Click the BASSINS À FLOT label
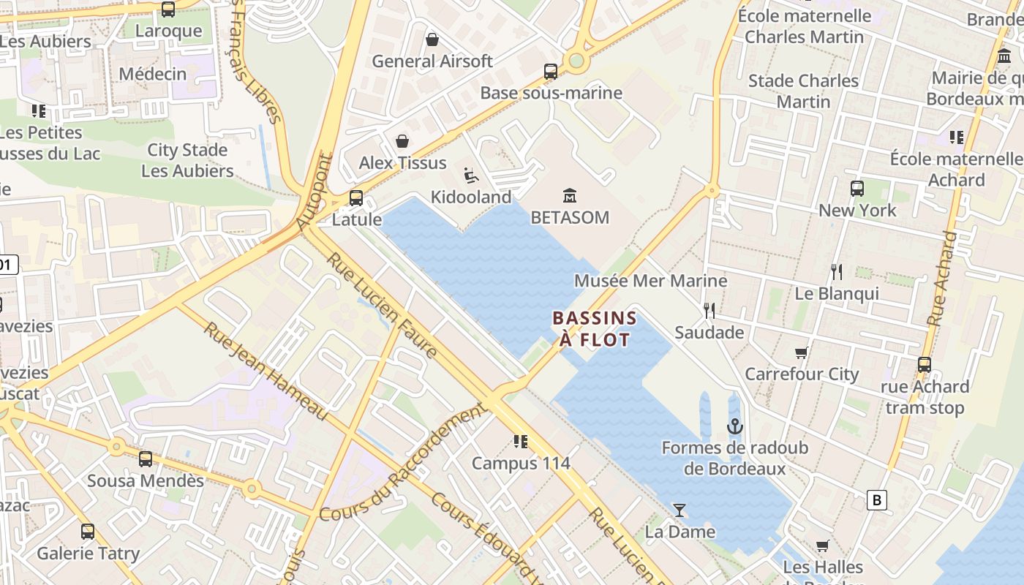tap(595, 328)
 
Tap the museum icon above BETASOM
tap(570, 196)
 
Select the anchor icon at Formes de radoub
tap(734, 426)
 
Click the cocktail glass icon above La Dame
tap(679, 510)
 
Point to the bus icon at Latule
tap(356, 197)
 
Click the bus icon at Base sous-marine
tap(551, 72)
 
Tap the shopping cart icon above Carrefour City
tap(802, 353)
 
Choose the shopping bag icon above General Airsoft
tap(432, 39)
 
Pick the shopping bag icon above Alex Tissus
tap(402, 141)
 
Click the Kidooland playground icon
tap(471, 175)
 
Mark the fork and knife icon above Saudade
tap(709, 311)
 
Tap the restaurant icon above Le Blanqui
tap(837, 272)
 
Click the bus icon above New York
tap(857, 189)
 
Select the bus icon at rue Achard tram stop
tap(925, 365)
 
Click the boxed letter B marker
tap(876, 500)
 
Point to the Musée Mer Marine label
tap(650, 281)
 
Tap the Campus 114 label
tap(521, 463)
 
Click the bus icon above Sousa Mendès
tap(146, 459)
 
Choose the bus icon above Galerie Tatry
tap(88, 532)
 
